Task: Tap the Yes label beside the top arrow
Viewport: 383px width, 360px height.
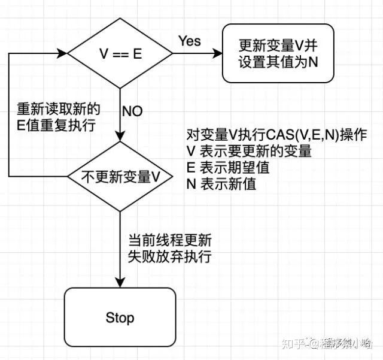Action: tap(190, 41)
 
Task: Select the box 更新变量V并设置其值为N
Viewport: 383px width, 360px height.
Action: tap(278, 53)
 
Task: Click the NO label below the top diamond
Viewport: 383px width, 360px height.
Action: tap(132, 111)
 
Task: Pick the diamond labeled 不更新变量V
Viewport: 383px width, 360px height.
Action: tap(121, 177)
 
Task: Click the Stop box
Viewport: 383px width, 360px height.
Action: tap(120, 317)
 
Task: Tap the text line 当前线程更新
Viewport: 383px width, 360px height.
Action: tap(169, 240)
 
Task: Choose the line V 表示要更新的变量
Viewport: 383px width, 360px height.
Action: tap(249, 152)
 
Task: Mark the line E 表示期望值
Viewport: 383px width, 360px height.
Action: tap(227, 168)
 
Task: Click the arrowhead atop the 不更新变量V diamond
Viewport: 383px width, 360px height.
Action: tap(121, 137)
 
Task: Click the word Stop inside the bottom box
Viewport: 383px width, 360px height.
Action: tap(120, 317)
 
